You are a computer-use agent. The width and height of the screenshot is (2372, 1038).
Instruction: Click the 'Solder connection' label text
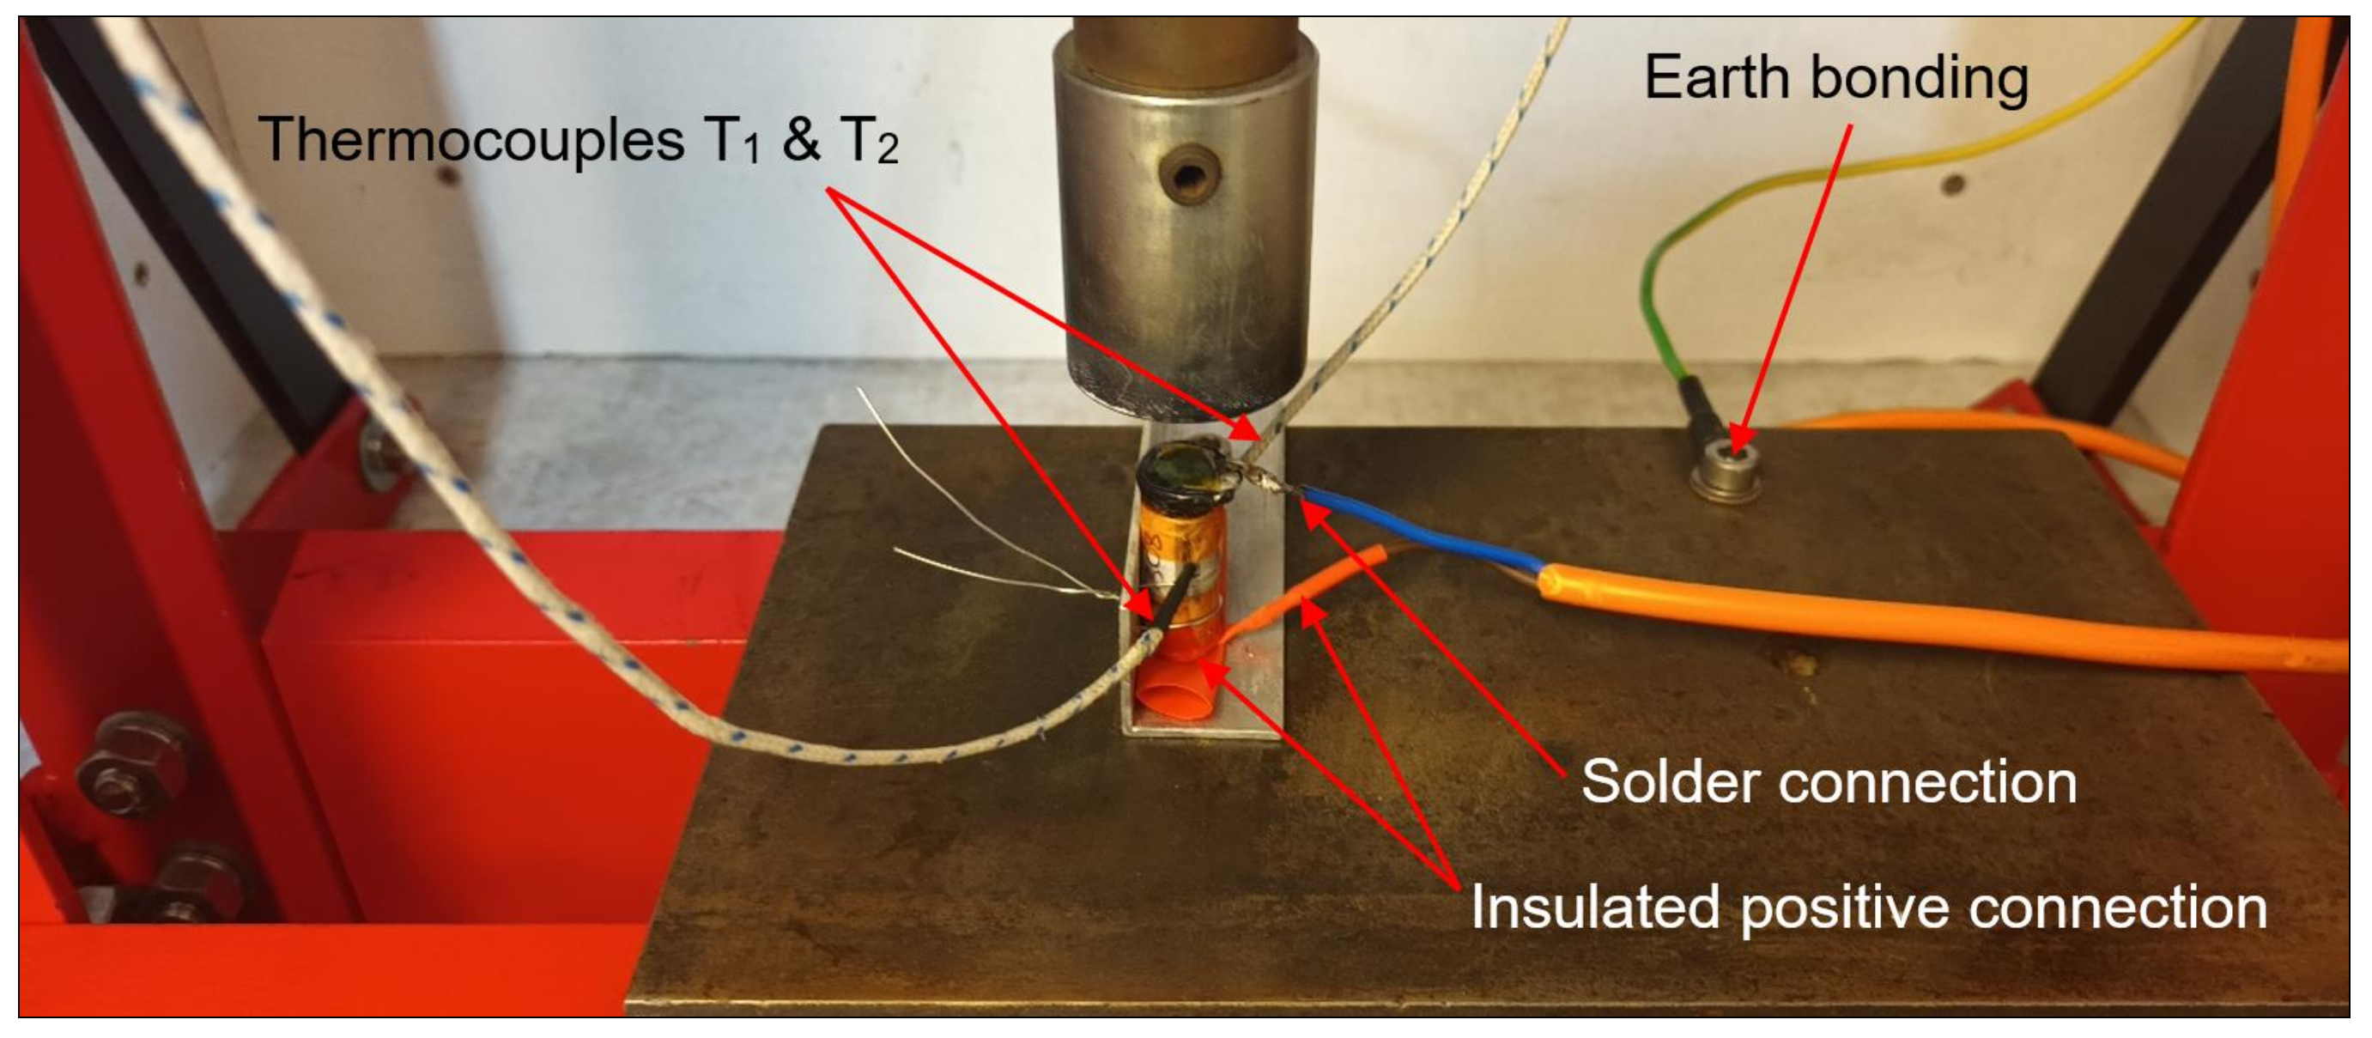click(x=1829, y=783)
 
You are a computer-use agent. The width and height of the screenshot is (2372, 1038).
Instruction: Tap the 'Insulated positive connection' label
click(x=1868, y=908)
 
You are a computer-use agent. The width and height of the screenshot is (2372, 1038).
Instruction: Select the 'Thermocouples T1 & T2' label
click(x=578, y=141)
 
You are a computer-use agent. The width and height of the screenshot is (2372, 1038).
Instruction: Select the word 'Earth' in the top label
click(x=1717, y=78)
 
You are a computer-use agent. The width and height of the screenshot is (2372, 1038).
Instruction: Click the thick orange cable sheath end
click(x=1565, y=585)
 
